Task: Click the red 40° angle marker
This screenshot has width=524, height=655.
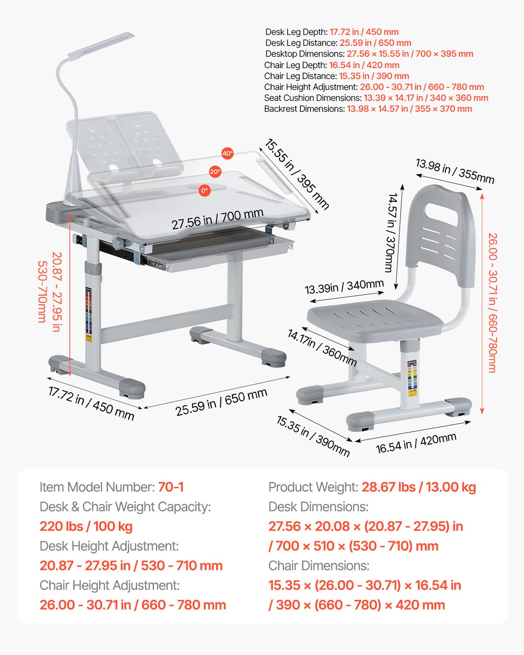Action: click(228, 153)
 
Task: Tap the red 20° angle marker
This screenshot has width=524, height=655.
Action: click(215, 172)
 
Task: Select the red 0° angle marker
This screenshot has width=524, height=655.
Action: click(204, 190)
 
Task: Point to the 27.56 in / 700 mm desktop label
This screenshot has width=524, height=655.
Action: click(217, 219)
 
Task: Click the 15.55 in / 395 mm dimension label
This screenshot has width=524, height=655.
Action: click(296, 174)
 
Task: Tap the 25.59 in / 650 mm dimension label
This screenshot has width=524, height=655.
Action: click(221, 402)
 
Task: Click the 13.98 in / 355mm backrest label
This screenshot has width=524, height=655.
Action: click(455, 171)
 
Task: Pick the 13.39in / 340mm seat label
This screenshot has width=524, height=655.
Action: click(344, 287)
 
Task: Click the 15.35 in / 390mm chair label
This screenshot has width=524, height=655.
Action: click(313, 436)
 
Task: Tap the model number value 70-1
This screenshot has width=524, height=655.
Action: click(171, 487)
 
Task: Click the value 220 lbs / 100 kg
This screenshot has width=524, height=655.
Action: click(86, 526)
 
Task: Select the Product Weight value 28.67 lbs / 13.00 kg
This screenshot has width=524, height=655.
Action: click(419, 487)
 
